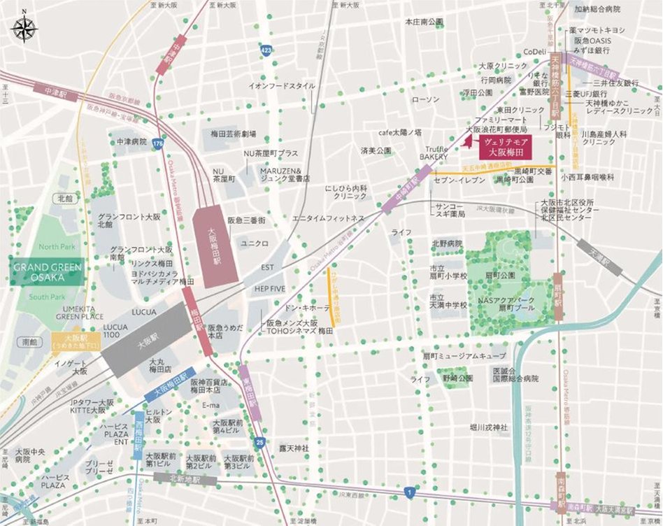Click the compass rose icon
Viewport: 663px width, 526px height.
(24, 29)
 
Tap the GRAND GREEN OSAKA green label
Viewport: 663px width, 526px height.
(48, 272)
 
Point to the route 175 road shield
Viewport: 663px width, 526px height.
(158, 143)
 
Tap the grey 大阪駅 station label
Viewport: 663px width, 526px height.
(146, 344)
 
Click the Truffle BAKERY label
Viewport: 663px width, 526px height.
(434, 152)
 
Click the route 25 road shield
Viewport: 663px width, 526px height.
(261, 443)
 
